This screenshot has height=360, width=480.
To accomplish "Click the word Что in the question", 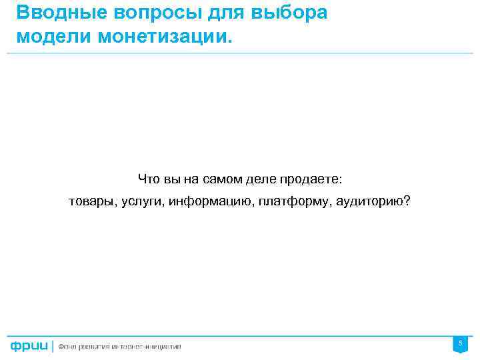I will (x=149, y=179).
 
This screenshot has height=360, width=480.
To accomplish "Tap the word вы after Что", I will (x=173, y=179).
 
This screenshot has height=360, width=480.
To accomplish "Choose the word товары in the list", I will (x=91, y=201).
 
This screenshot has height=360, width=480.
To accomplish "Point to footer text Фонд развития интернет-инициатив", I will (x=119, y=346).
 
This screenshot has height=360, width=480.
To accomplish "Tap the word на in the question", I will (x=193, y=179).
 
